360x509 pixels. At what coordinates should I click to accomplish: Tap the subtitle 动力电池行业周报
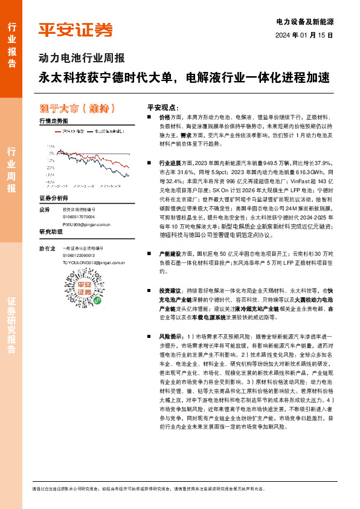coord(82,59)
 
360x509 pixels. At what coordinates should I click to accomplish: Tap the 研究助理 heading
coord(51,232)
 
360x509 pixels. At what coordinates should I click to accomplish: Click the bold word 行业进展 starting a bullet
coord(169,163)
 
